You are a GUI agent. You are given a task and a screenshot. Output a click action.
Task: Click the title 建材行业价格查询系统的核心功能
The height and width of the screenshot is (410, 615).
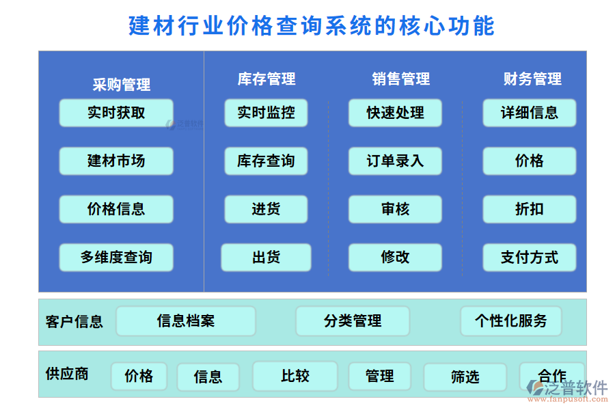pos(312,26)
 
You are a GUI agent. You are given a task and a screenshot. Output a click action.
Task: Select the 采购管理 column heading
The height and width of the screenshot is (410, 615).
pos(122,85)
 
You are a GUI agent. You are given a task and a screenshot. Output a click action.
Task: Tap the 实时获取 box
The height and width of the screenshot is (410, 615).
pos(116,113)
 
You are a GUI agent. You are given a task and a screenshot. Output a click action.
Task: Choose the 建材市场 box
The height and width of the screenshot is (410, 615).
pos(116,161)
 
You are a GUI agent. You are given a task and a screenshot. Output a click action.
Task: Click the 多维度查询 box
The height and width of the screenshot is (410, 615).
pos(116,258)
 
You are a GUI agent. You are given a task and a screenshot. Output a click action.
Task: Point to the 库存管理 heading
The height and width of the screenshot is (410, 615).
pos(266,79)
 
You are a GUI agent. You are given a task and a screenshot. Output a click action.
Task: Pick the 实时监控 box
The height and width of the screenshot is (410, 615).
pos(266,113)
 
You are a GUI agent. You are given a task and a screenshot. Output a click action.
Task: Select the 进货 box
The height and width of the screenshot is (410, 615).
pos(266,209)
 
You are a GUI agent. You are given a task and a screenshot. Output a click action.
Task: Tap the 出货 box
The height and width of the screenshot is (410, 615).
pos(266,258)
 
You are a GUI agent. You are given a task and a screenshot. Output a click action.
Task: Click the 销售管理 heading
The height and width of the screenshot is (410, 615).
pos(401,79)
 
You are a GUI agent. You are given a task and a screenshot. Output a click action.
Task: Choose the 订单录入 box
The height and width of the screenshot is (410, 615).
pos(395,161)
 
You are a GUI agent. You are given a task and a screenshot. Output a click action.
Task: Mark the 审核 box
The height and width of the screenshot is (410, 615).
pos(395,209)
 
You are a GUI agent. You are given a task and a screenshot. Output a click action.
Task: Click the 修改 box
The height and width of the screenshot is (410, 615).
pos(395,258)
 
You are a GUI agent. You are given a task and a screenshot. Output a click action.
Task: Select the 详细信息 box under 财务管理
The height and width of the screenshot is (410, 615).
pos(530,113)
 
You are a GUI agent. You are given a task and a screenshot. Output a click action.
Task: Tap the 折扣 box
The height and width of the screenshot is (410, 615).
pos(530,209)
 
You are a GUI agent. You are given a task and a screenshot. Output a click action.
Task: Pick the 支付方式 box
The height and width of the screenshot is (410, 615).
pos(530,258)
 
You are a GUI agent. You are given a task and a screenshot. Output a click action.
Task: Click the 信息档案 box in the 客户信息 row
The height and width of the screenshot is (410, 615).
pos(186,321)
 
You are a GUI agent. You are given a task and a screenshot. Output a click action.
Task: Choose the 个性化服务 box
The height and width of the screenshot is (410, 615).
pos(511,321)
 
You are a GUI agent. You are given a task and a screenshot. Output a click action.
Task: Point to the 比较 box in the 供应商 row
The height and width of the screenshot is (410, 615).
pos(295,376)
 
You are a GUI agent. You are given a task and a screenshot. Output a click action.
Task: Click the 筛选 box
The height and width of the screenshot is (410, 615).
pos(465,377)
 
